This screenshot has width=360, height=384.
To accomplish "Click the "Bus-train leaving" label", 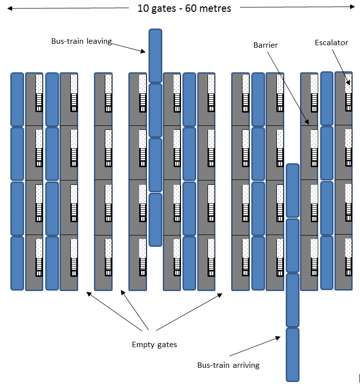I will (82, 42).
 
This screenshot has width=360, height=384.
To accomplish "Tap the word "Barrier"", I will (266, 45).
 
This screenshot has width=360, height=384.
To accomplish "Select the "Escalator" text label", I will (331, 43).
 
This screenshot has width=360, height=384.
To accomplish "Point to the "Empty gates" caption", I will (154, 345).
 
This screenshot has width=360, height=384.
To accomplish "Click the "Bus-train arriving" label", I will (228, 365).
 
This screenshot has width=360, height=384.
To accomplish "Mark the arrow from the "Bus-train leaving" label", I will (128, 46).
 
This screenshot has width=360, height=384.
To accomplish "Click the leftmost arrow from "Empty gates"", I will (116, 311).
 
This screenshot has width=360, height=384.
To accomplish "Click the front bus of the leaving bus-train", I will (155, 56).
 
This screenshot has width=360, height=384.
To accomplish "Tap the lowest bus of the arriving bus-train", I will (293, 354).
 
